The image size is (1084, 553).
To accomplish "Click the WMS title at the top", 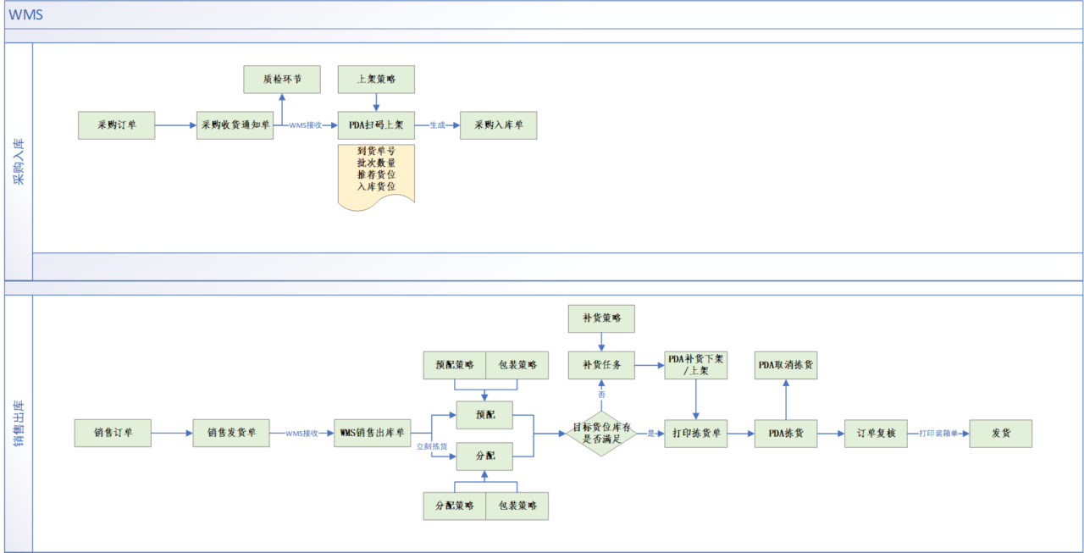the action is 25,14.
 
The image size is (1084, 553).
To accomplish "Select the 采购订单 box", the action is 117,125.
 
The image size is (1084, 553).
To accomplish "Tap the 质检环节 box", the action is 282,80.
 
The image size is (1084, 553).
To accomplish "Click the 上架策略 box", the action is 376,80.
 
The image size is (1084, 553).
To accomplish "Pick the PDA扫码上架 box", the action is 376,125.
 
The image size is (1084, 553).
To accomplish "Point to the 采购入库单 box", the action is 499,125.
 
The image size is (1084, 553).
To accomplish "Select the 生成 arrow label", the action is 438,125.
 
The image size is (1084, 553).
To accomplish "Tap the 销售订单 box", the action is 113,433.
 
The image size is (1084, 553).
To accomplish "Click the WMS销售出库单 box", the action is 372,433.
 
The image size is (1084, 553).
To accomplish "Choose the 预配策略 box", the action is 455,365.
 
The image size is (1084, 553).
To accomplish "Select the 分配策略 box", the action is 455,506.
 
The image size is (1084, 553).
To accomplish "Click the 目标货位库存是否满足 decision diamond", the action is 601,434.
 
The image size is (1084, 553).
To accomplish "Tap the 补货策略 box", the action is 601,318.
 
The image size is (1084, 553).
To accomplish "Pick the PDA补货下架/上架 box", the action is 696,365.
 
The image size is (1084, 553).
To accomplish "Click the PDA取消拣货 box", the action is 786,365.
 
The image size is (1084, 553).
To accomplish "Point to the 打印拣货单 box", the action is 696,434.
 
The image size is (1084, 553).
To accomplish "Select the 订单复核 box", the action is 876,434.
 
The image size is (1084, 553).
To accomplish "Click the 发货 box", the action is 1001,434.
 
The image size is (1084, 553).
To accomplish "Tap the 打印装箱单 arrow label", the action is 938,434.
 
